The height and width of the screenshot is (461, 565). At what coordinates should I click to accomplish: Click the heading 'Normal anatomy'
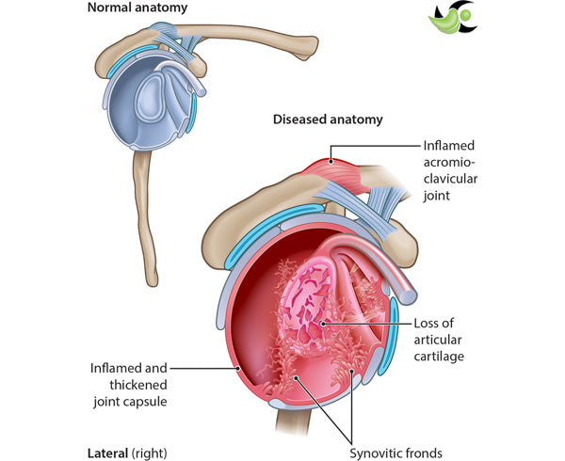pos(137,8)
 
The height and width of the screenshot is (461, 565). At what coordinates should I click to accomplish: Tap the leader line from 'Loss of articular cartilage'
pos(372,323)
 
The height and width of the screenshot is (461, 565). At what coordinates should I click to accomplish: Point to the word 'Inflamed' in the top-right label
pos(447,147)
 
